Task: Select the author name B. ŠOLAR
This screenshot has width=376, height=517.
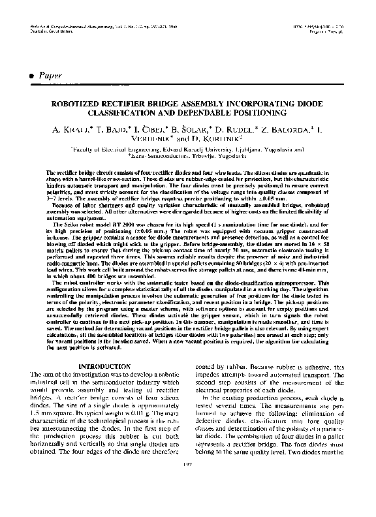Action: coord(193,131)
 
